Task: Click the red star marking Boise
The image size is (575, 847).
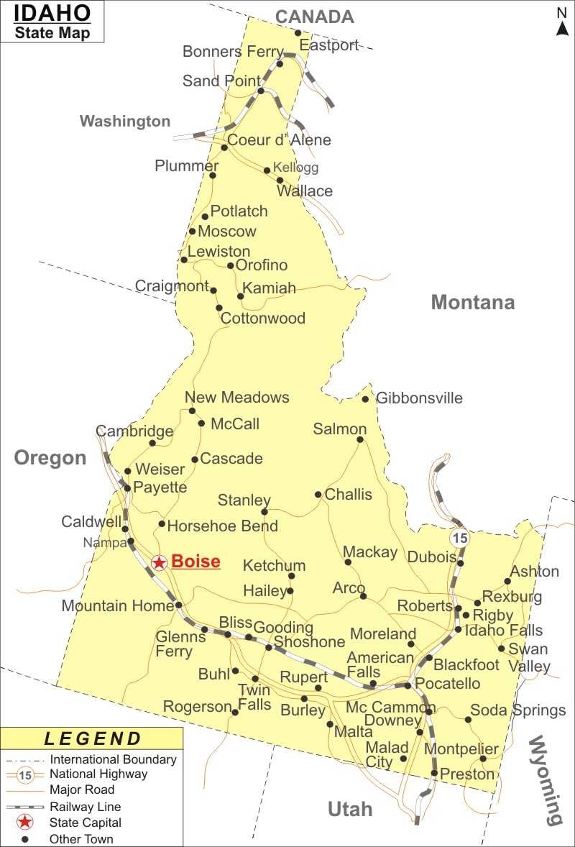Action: point(160,562)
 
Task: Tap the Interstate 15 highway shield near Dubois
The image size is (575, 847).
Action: point(459,537)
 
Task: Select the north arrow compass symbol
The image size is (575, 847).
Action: point(562,21)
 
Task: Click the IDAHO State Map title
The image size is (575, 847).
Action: point(52,22)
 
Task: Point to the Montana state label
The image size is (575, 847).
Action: point(473,302)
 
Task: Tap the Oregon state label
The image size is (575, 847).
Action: point(50,458)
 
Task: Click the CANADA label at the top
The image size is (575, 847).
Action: point(315,17)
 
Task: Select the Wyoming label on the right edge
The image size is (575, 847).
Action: point(545,780)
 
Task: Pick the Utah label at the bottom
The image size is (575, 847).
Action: point(350,809)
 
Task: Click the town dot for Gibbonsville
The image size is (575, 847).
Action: point(365,399)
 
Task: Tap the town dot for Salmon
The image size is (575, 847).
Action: point(360,439)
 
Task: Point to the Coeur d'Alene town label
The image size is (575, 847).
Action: point(279,139)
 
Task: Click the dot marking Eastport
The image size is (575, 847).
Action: point(298,32)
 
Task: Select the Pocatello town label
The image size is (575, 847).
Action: point(447,683)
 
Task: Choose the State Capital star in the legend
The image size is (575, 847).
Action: point(25,823)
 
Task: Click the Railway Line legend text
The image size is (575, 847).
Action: point(85,807)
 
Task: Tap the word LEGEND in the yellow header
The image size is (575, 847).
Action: point(93,738)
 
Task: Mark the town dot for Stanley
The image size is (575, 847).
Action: point(264,512)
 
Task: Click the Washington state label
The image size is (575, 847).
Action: point(125,121)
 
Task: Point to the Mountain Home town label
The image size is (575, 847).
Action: point(117,605)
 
